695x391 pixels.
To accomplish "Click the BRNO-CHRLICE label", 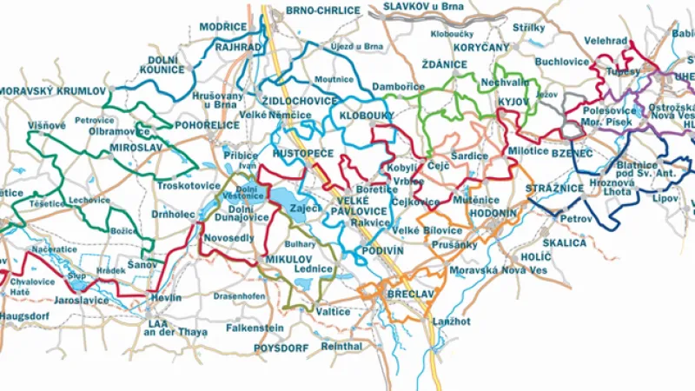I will (x=323, y=10).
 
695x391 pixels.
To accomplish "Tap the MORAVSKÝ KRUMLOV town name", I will (x=51, y=91).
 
